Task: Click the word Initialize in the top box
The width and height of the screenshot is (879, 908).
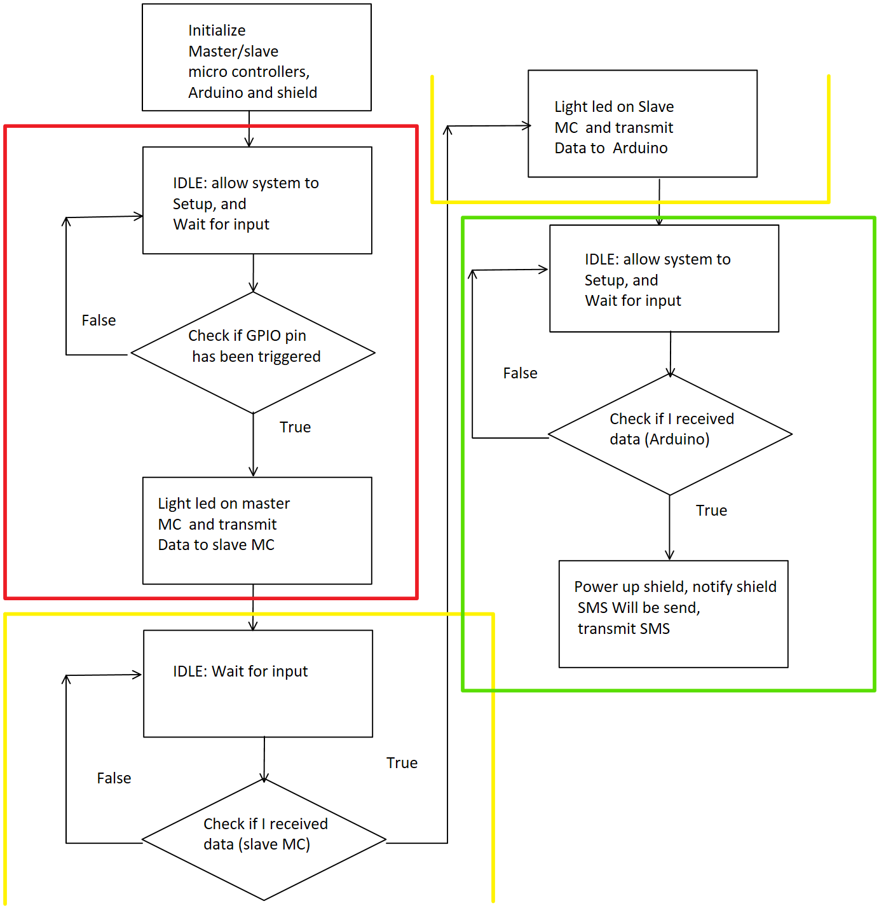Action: pyautogui.click(x=216, y=31)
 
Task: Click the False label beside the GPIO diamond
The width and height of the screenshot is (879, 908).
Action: pyautogui.click(x=99, y=320)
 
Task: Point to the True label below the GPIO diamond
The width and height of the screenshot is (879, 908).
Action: pyautogui.click(x=295, y=427)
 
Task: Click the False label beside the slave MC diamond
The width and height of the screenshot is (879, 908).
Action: pyautogui.click(x=114, y=778)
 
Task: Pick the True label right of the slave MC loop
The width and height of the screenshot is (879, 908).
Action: pyautogui.click(x=402, y=763)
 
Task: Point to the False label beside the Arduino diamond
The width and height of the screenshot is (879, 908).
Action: pyautogui.click(x=520, y=373)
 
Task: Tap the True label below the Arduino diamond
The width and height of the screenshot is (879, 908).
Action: pyautogui.click(x=712, y=511)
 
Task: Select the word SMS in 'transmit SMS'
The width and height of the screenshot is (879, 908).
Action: pyautogui.click(x=655, y=629)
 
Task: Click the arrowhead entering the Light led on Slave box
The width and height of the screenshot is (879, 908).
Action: pyautogui.click(x=527, y=125)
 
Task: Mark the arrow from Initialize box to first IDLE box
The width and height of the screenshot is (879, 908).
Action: pyautogui.click(x=249, y=129)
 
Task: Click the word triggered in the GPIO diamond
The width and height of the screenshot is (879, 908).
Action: pyautogui.click(x=289, y=357)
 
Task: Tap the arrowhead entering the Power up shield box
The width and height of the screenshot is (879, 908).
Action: pyautogui.click(x=670, y=555)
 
